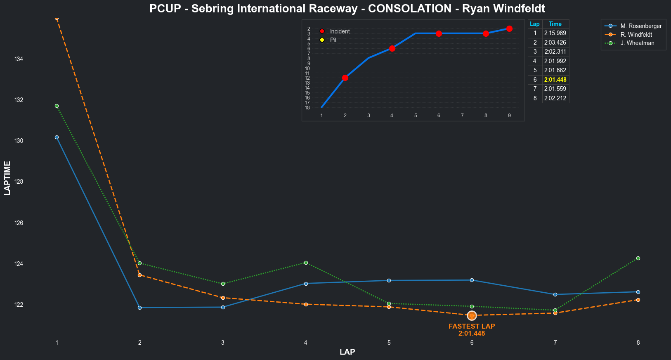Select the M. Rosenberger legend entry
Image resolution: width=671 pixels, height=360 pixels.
[x=641, y=26]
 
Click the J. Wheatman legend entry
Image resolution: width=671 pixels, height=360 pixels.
[x=637, y=43]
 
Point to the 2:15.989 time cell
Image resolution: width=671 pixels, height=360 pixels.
[x=555, y=33]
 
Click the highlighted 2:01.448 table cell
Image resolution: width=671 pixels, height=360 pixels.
[x=555, y=80]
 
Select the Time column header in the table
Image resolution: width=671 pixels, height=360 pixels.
[x=555, y=24]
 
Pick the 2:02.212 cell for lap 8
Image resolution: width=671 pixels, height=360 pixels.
[x=555, y=98]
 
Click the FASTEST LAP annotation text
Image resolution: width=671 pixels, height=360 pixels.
[x=472, y=326]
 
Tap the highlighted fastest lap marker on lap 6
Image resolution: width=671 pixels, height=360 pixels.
[x=472, y=316]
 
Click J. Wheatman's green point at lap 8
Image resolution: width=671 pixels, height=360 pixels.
[x=638, y=258]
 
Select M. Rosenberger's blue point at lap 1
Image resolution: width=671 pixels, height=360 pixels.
[x=57, y=137]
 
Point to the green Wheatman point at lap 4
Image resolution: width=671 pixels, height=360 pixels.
[x=306, y=263]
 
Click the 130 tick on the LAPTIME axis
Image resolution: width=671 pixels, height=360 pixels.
[x=19, y=141]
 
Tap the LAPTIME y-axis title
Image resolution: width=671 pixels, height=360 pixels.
[x=7, y=178]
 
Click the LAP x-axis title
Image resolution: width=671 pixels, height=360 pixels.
[x=347, y=352]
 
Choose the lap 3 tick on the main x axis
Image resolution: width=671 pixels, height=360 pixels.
[x=223, y=343]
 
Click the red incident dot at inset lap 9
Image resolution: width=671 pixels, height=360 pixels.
[x=509, y=28]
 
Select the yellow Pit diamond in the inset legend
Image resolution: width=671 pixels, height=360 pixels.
[x=322, y=40]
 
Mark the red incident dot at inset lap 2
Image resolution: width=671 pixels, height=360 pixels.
[x=345, y=78]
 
